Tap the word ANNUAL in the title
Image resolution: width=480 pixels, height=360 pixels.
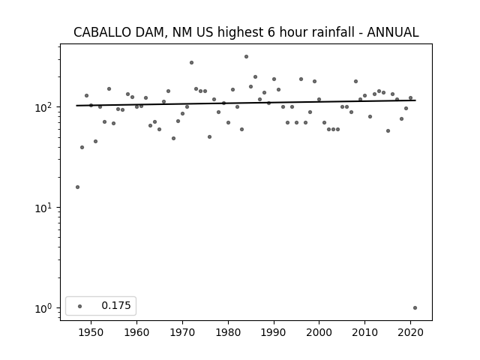pyautogui.click(x=393, y=32)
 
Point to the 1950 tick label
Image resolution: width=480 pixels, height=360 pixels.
pyautogui.click(x=91, y=332)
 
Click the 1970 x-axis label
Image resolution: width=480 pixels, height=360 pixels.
pyautogui.click(x=182, y=332)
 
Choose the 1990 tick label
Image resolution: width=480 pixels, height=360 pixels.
pyautogui.click(x=274, y=332)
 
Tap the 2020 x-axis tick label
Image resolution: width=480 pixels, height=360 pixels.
pyautogui.click(x=410, y=332)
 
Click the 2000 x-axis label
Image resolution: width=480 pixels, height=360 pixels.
pyautogui.click(x=319, y=332)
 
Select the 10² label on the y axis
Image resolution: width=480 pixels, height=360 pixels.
pyautogui.click(x=45, y=107)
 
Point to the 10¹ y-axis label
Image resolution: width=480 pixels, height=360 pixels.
pyautogui.click(x=45, y=208)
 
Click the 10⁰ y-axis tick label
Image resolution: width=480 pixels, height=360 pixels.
pyautogui.click(x=45, y=308)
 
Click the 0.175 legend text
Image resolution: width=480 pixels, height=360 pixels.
pyautogui.click(x=116, y=305)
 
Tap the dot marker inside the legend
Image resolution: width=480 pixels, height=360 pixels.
pyautogui.click(x=80, y=306)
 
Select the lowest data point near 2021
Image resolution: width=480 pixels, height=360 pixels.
pyautogui.click(x=415, y=308)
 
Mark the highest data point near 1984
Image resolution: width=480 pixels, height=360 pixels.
pyautogui.click(x=247, y=57)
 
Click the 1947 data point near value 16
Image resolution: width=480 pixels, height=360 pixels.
pyautogui.click(x=77, y=187)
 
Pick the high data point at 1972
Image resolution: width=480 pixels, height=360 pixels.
pyautogui.click(x=192, y=63)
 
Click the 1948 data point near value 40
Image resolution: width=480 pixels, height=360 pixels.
pyautogui.click(x=82, y=148)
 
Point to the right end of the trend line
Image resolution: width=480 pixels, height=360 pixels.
pyautogui.click(x=415, y=100)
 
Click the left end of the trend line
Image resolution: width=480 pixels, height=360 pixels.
pyautogui.click(x=76, y=106)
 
